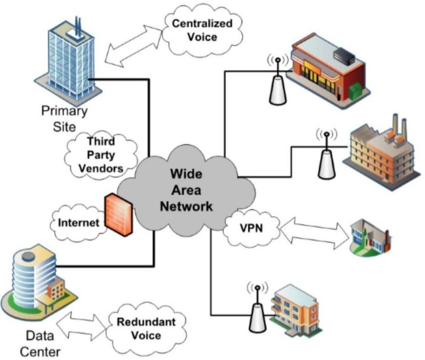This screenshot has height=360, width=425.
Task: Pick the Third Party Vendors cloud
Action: click(x=100, y=154)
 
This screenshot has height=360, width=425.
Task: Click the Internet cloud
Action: click(x=78, y=222)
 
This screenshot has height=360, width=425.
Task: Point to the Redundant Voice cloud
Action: click(x=139, y=328)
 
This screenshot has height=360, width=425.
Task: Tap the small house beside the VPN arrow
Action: click(x=371, y=236)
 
